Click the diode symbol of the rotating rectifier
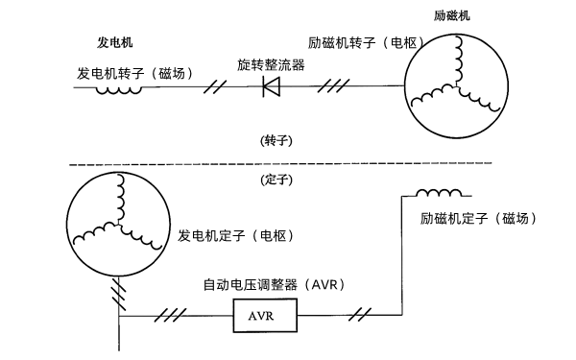point(271,87)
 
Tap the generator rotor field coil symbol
point(119,89)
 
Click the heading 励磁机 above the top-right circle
point(453,16)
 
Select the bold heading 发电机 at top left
point(114,43)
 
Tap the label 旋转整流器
point(271,64)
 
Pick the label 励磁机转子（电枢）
point(348,43)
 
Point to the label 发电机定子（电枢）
point(236,235)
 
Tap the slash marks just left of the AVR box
point(175,314)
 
